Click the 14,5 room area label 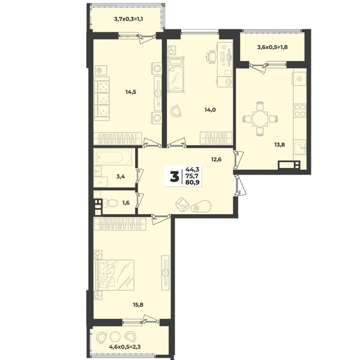click(131, 92)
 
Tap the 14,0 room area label click(210, 110)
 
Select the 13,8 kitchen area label click(280, 145)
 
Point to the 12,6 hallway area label click(216, 159)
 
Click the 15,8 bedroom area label click(138, 305)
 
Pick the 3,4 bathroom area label click(121, 177)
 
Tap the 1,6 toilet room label click(126, 203)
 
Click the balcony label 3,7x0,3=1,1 click(128, 19)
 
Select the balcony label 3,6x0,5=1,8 click(272, 47)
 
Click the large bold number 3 click(175, 177)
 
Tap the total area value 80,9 click(193, 182)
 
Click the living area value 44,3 click(193, 170)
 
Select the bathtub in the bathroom click(113, 157)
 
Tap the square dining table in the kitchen click(260, 119)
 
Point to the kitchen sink click(300, 148)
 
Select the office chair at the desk click(211, 56)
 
